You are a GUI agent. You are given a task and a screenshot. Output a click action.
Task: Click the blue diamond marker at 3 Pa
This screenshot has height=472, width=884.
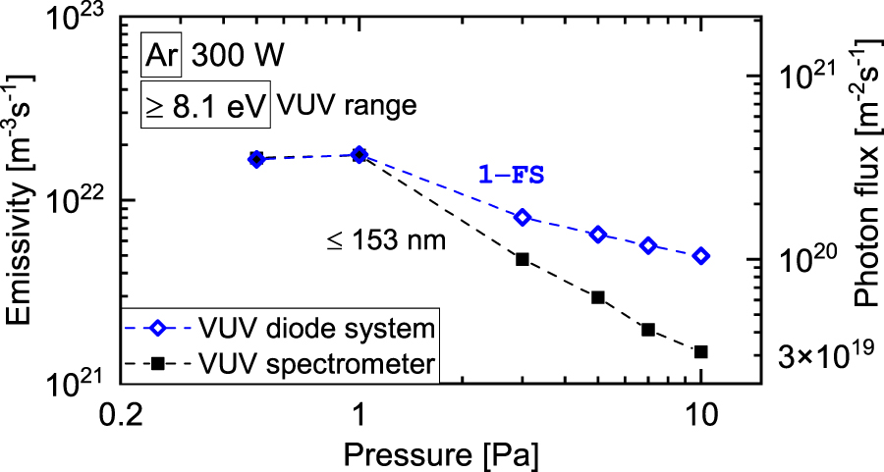coord(523,217)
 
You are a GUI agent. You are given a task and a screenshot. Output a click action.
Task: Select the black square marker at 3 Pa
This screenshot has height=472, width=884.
coord(523,259)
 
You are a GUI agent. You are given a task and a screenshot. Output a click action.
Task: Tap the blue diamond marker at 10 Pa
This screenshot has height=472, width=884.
coord(700,256)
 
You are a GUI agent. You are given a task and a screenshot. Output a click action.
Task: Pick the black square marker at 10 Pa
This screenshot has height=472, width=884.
coord(700,351)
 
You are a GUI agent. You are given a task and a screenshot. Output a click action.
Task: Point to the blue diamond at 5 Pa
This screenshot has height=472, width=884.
coord(597,235)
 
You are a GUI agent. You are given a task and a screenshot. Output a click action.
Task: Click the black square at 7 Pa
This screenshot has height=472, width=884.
coord(648,330)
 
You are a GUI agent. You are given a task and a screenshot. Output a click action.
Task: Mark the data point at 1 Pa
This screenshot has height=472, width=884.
coord(359,155)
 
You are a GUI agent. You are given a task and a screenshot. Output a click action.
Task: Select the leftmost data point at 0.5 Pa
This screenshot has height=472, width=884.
coord(256,159)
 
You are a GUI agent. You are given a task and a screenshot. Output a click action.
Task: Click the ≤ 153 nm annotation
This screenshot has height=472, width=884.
coord(386,237)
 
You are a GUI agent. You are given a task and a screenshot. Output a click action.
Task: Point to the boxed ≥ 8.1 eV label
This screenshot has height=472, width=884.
coord(204,104)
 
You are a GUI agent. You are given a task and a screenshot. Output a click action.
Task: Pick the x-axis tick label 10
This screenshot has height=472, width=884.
coord(700,415)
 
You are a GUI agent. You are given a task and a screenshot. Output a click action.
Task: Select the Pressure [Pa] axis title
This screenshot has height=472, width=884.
coord(439,453)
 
